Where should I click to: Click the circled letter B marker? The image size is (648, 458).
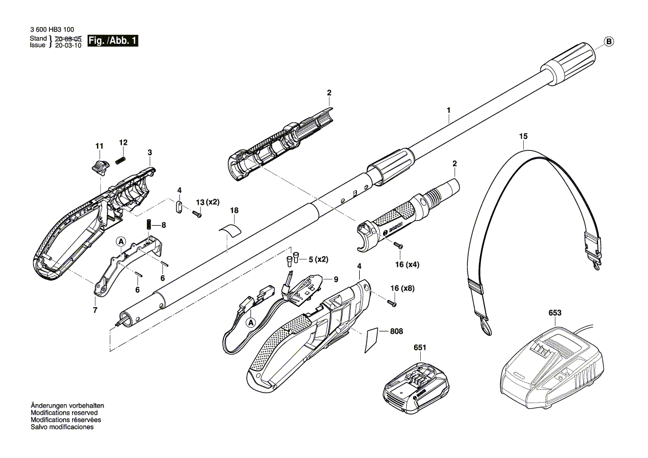click(609, 42)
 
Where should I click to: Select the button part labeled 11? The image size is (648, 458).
click(99, 165)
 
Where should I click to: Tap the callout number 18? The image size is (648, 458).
click(234, 211)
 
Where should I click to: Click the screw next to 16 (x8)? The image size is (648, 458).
click(392, 303)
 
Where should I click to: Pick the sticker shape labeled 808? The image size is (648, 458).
click(372, 340)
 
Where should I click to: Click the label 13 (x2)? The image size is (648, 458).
click(208, 202)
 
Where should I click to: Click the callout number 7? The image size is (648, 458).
click(95, 310)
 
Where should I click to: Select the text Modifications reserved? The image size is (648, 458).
click(64, 413)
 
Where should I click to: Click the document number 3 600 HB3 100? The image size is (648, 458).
click(52, 30)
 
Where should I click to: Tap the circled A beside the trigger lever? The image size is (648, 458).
click(121, 241)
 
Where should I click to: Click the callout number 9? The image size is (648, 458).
click(335, 279)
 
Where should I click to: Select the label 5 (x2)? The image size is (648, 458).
click(318, 259)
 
